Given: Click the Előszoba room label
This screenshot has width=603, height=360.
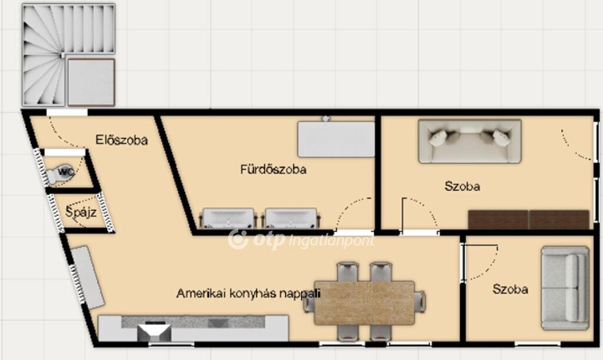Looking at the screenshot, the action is [x=121, y=140].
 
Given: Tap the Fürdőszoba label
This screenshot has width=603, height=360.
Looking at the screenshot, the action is [x=273, y=169].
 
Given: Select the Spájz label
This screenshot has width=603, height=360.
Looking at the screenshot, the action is [x=81, y=212].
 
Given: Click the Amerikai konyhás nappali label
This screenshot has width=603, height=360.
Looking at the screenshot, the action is [x=248, y=293].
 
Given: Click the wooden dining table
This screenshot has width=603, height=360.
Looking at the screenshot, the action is [x=365, y=303].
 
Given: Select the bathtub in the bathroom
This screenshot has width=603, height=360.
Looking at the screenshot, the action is [x=336, y=139].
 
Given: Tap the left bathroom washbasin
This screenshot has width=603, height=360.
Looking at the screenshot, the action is [x=228, y=219].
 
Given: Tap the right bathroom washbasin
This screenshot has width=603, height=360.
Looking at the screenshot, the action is [x=291, y=219].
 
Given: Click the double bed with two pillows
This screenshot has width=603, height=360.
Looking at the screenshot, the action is [x=469, y=141].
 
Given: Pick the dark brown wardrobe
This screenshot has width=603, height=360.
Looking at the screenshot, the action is [x=529, y=220].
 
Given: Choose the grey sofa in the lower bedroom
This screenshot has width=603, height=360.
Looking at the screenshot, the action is [x=565, y=288].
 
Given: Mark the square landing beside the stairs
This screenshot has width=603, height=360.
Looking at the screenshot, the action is [x=91, y=82].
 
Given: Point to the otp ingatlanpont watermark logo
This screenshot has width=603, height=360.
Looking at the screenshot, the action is [x=301, y=240].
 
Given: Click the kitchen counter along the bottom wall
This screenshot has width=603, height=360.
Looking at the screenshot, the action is [x=193, y=328].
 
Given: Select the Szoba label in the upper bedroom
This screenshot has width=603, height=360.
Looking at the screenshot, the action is [x=462, y=187].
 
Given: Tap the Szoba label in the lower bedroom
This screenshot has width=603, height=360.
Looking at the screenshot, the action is [x=511, y=289].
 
